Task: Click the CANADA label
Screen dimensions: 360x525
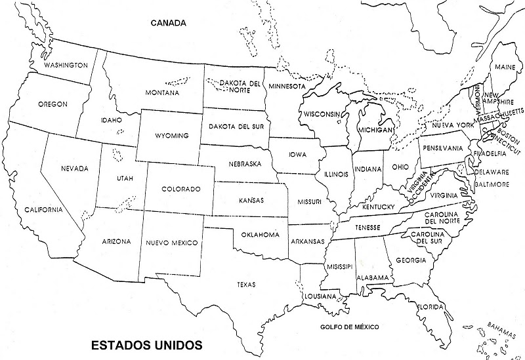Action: point(169,22)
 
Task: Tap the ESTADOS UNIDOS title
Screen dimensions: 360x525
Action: point(146,344)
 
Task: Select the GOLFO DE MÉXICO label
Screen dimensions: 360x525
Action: point(350,327)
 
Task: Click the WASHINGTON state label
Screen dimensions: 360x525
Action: point(66,66)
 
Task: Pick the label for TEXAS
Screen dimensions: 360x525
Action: point(247,285)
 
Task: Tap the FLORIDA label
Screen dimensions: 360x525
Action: point(431,307)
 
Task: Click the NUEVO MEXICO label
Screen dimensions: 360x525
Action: point(172,243)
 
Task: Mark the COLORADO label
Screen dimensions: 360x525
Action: point(180,189)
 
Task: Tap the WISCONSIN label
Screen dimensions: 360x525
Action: point(322,114)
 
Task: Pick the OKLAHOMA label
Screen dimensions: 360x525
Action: point(261,234)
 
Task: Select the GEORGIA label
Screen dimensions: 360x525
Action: point(411,261)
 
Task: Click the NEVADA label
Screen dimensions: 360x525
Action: point(75,169)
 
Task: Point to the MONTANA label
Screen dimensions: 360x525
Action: point(161,93)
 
